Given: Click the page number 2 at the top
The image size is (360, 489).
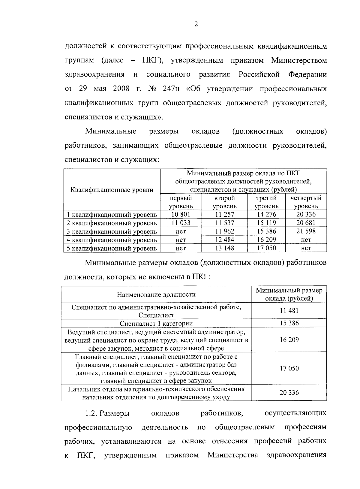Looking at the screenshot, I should click(x=196, y=25).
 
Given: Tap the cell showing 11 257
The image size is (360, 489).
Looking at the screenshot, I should click(x=225, y=214).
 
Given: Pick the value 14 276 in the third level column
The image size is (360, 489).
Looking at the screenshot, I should click(x=266, y=214).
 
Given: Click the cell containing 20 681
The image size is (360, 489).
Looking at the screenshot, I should click(x=306, y=223).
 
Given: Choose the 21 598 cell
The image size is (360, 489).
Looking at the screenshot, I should click(x=306, y=231).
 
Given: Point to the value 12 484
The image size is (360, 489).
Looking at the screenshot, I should click(x=225, y=240).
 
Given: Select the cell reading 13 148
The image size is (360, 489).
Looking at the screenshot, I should click(x=225, y=248).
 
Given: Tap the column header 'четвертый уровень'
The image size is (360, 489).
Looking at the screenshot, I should click(x=306, y=202).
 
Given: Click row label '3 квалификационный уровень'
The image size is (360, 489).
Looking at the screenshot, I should click(x=112, y=231).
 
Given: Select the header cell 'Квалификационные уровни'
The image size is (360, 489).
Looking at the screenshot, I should click(x=112, y=190).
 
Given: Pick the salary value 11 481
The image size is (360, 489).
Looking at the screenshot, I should click(x=289, y=311).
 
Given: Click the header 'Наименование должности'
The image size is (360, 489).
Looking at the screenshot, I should click(x=156, y=294).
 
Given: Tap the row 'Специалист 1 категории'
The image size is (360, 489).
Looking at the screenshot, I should click(x=156, y=323).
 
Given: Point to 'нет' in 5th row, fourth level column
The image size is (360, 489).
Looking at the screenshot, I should click(x=306, y=248).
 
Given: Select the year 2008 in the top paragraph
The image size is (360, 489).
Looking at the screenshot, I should click(x=121, y=89).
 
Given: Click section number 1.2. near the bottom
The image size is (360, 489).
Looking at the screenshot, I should click(x=91, y=413).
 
